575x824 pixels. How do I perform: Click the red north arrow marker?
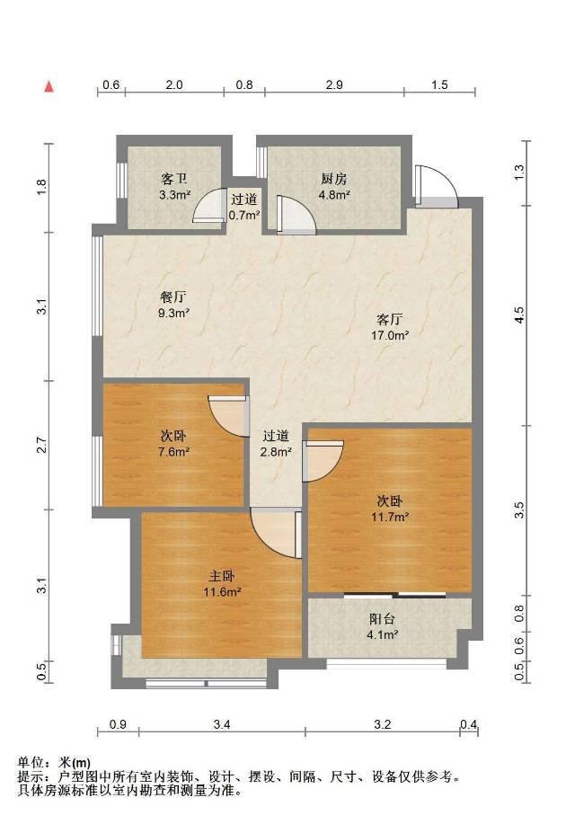click(x=49, y=86)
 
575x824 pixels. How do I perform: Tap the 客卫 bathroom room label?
click(x=174, y=180)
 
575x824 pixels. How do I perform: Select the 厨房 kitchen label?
click(x=334, y=179)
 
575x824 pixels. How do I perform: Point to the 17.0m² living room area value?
click(x=389, y=335)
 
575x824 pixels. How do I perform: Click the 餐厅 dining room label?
click(x=173, y=297)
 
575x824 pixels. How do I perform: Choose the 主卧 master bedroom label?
click(x=222, y=577)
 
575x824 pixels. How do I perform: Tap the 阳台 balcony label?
click(x=382, y=620)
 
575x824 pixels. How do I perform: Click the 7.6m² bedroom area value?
click(x=173, y=451)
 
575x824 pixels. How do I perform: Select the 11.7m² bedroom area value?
click(x=389, y=517)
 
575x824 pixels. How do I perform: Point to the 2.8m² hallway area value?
click(x=276, y=451)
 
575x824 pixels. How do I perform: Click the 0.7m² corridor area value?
click(x=244, y=215)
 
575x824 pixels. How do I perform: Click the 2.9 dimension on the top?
click(x=334, y=84)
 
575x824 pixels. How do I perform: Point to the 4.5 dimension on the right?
click(x=519, y=315)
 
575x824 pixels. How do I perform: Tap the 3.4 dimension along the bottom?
click(x=222, y=724)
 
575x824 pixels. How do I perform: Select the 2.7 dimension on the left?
click(x=42, y=446)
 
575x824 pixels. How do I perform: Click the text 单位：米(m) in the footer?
click(x=54, y=762)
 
